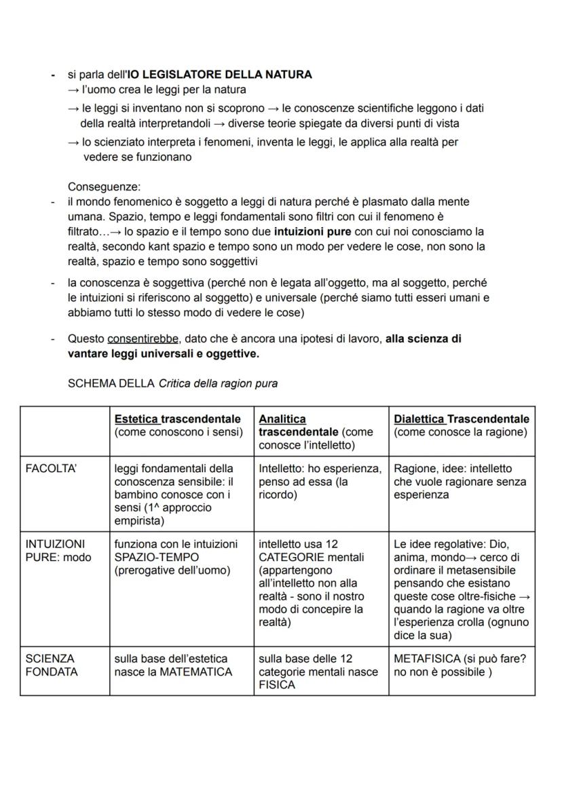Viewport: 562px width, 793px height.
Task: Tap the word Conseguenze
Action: click(x=104, y=187)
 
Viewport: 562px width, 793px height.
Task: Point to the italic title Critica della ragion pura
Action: click(x=218, y=383)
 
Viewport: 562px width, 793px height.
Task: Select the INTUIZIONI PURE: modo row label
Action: click(x=58, y=551)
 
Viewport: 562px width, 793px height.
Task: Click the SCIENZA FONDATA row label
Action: click(x=51, y=665)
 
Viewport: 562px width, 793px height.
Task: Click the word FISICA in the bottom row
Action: click(x=277, y=685)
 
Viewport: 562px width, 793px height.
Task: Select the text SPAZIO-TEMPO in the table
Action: click(x=151, y=557)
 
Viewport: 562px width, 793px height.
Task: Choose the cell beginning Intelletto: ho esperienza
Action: click(x=320, y=482)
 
